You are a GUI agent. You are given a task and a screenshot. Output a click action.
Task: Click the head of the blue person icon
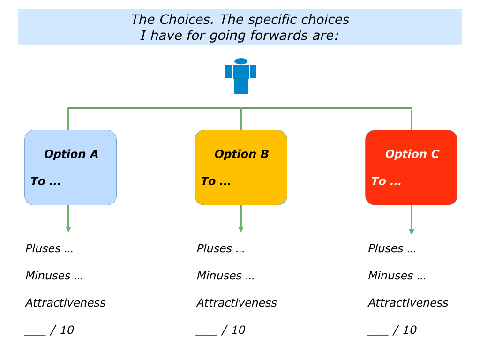click(x=241, y=61)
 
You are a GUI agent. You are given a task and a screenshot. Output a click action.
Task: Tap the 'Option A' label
click(x=71, y=154)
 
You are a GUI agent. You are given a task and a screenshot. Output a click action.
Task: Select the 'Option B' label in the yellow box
click(x=241, y=154)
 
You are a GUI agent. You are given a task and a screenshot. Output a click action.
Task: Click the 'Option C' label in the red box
click(x=412, y=154)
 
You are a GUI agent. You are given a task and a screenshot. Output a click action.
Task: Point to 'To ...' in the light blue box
click(x=45, y=181)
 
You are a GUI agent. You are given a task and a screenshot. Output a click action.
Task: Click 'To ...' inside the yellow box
click(x=216, y=181)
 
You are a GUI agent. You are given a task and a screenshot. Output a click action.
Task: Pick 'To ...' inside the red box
click(x=386, y=181)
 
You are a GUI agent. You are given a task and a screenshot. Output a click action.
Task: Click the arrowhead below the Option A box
click(x=68, y=230)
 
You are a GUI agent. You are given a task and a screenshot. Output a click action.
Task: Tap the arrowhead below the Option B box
click(x=241, y=230)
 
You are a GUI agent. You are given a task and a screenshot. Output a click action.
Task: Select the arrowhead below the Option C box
click(x=412, y=232)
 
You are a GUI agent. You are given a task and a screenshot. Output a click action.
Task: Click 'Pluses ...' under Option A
click(x=49, y=248)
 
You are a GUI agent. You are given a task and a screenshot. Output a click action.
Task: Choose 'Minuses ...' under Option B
click(x=225, y=276)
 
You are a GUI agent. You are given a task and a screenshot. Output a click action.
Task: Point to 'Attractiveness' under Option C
click(x=408, y=303)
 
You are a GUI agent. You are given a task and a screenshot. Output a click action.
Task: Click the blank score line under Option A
click(x=35, y=335)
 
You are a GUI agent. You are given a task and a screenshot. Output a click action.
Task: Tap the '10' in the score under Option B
click(x=239, y=330)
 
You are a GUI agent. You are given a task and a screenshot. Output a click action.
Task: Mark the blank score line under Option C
click(x=378, y=335)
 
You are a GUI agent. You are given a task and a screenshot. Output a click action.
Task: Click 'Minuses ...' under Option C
click(x=397, y=276)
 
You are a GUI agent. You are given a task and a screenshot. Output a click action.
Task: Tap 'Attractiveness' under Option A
click(x=66, y=303)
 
